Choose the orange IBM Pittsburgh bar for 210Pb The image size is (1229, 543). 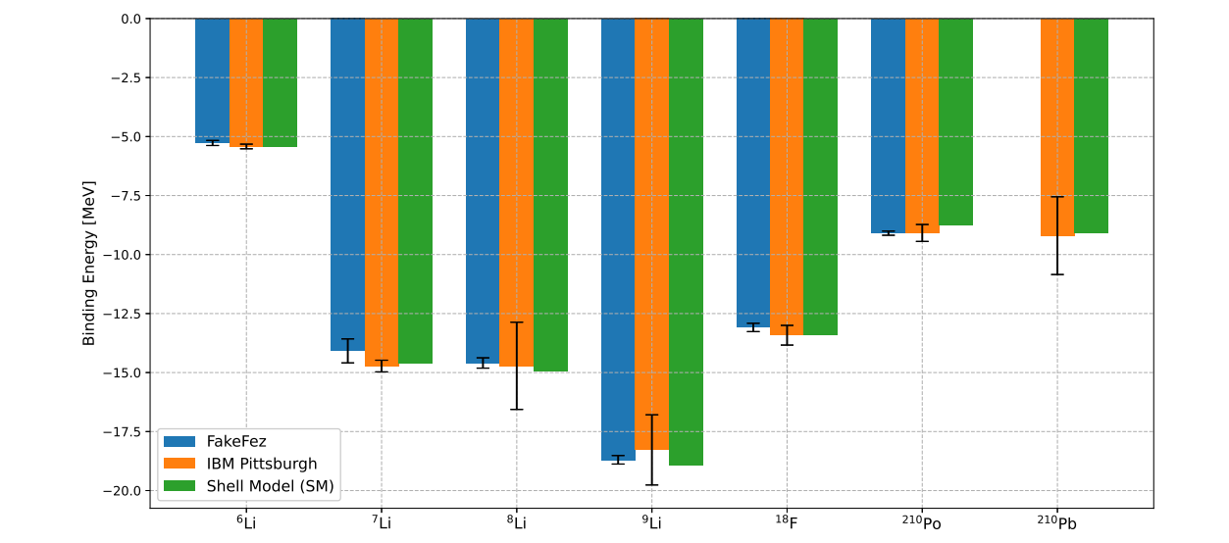click(x=1057, y=127)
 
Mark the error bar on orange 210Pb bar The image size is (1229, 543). click(x=1057, y=235)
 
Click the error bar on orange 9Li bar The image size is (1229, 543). click(x=652, y=450)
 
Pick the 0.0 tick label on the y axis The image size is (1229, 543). click(x=131, y=19)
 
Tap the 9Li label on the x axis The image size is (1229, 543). click(x=652, y=523)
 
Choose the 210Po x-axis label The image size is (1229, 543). click(x=921, y=523)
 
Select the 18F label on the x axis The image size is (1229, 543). click(x=787, y=523)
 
